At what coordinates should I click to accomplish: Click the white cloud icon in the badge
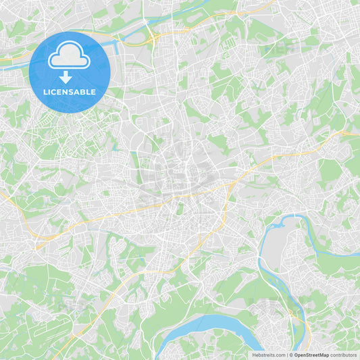click(69, 57)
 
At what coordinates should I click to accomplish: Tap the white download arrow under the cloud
click(66, 77)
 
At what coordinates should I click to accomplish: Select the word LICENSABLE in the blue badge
click(69, 92)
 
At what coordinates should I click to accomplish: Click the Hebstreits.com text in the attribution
click(269, 355)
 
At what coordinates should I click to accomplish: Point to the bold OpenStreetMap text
click(311, 355)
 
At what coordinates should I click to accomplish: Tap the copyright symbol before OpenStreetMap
click(291, 355)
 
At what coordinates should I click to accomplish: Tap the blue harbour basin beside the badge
click(115, 46)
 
